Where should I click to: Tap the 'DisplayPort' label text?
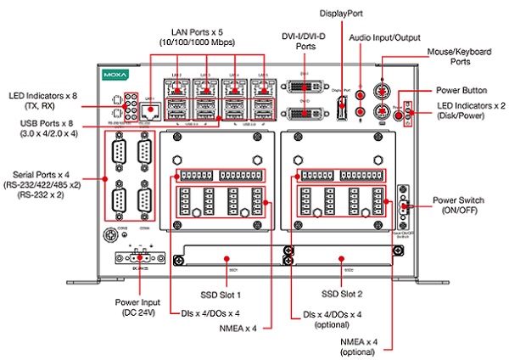(340, 14)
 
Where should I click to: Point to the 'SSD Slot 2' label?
(340, 295)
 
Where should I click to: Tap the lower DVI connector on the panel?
(305, 114)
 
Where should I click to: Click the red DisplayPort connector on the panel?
(341, 108)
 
